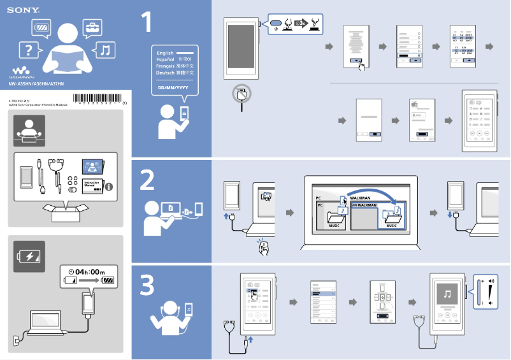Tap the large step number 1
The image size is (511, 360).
click(147, 23)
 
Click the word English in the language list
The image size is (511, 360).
click(165, 53)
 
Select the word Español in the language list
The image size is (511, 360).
click(165, 59)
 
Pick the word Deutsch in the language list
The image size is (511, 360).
click(165, 73)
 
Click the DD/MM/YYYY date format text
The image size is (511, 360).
click(173, 87)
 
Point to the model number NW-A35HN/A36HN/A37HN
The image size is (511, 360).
click(36, 84)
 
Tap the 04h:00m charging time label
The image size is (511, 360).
click(90, 271)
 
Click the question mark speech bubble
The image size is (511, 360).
click(27, 49)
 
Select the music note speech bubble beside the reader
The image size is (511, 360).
click(105, 50)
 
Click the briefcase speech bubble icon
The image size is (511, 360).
click(93, 27)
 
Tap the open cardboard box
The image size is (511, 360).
click(66, 212)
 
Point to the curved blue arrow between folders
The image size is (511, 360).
click(370, 194)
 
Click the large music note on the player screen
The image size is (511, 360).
click(448, 294)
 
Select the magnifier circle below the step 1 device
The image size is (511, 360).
click(241, 94)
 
